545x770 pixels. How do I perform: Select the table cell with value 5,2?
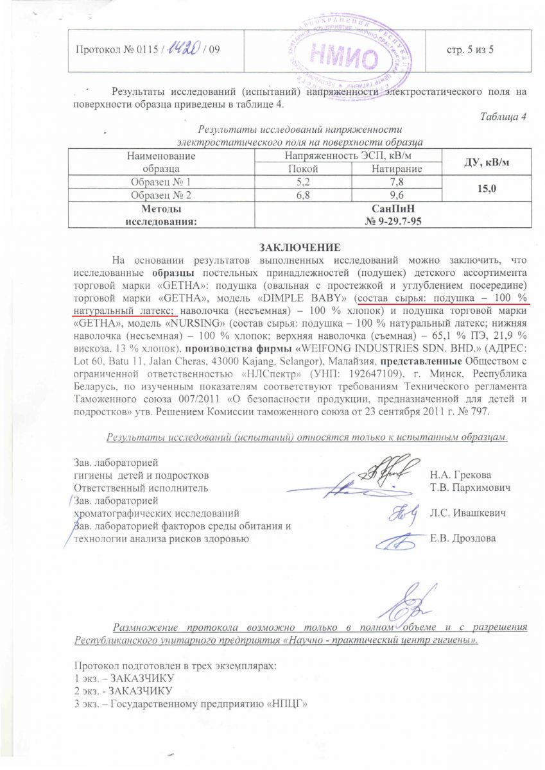click(x=303, y=182)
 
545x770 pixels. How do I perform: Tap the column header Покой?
click(x=303, y=168)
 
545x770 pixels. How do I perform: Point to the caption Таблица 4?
click(x=503, y=116)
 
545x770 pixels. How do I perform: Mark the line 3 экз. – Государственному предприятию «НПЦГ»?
click(x=192, y=705)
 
